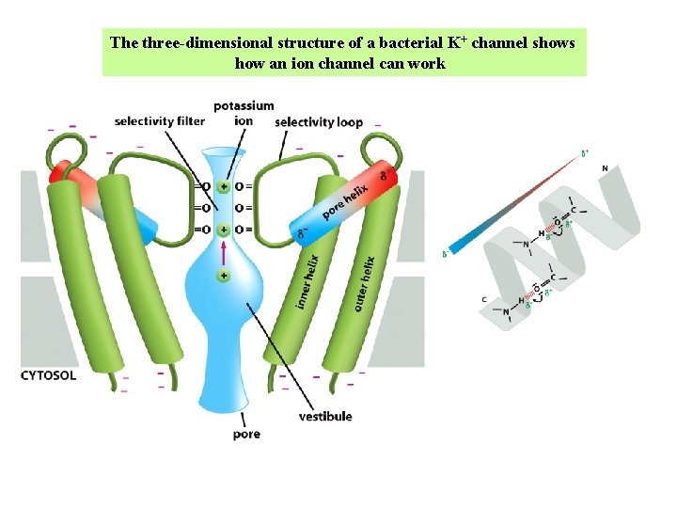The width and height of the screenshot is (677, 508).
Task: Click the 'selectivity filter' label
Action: (x=160, y=121)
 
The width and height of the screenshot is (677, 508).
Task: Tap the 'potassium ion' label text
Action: (x=244, y=113)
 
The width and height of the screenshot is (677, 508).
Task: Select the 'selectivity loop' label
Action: (x=319, y=122)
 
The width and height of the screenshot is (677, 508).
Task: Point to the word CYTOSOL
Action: (x=49, y=375)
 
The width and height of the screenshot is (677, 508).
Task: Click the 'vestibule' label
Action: (x=325, y=416)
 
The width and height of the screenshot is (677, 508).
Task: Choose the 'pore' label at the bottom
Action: (x=246, y=435)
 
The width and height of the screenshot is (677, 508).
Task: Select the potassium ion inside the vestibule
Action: (x=224, y=276)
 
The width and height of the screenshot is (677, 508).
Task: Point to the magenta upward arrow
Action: (x=224, y=251)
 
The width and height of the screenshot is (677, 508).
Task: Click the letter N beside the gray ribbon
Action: (x=605, y=168)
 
